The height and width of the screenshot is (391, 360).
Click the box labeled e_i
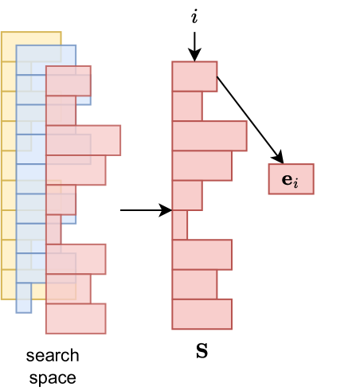click(291, 179)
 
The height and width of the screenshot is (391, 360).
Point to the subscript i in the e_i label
click(295, 184)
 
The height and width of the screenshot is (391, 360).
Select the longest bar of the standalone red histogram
click(209, 135)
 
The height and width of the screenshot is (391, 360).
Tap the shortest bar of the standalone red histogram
click(180, 225)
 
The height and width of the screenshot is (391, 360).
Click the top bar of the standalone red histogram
click(194, 76)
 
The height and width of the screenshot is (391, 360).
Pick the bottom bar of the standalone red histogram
click(202, 314)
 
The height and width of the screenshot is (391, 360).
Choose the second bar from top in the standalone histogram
click(187, 106)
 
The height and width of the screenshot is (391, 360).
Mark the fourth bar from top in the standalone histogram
click(202, 166)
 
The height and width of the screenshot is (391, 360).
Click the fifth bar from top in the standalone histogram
click(187, 195)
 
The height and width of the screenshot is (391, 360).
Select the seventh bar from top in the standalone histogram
click(202, 255)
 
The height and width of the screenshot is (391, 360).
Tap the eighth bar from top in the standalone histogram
click(194, 284)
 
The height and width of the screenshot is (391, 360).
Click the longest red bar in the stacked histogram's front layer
click(83, 140)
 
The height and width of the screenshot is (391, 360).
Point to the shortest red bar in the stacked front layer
click(53, 229)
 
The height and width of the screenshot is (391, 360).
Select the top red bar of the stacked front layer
click(68, 80)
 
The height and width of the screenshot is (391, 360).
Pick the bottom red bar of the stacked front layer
click(75, 319)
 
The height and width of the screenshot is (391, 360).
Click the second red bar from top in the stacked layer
click(61, 111)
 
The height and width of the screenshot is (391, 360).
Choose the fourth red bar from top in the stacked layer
click(75, 170)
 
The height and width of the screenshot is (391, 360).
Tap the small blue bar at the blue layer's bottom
click(24, 298)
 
